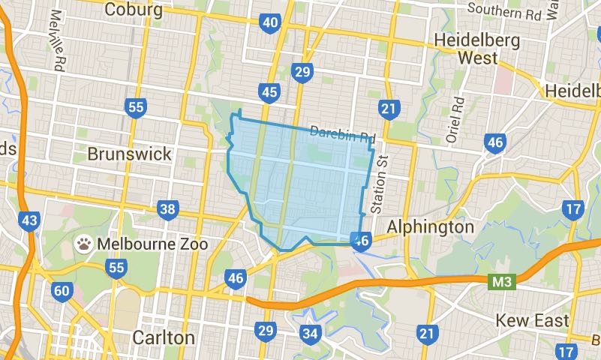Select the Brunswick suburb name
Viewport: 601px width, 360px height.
tap(129, 154)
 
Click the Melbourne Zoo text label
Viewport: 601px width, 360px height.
tap(152, 244)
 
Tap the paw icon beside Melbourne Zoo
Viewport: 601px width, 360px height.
tap(84, 244)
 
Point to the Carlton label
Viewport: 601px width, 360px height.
tap(164, 337)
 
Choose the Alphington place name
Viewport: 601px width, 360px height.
tap(430, 226)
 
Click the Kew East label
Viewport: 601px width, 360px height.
tap(532, 321)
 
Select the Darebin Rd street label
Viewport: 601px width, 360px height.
tap(341, 133)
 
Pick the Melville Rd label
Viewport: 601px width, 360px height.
tap(56, 42)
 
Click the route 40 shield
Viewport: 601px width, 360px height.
tap(270, 23)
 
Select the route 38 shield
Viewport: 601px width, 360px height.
tap(167, 209)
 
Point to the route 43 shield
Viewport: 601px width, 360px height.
tap(30, 220)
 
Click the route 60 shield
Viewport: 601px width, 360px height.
tap(62, 290)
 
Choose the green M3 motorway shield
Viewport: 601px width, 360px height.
tap(499, 282)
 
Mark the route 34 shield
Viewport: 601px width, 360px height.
tap(308, 333)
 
